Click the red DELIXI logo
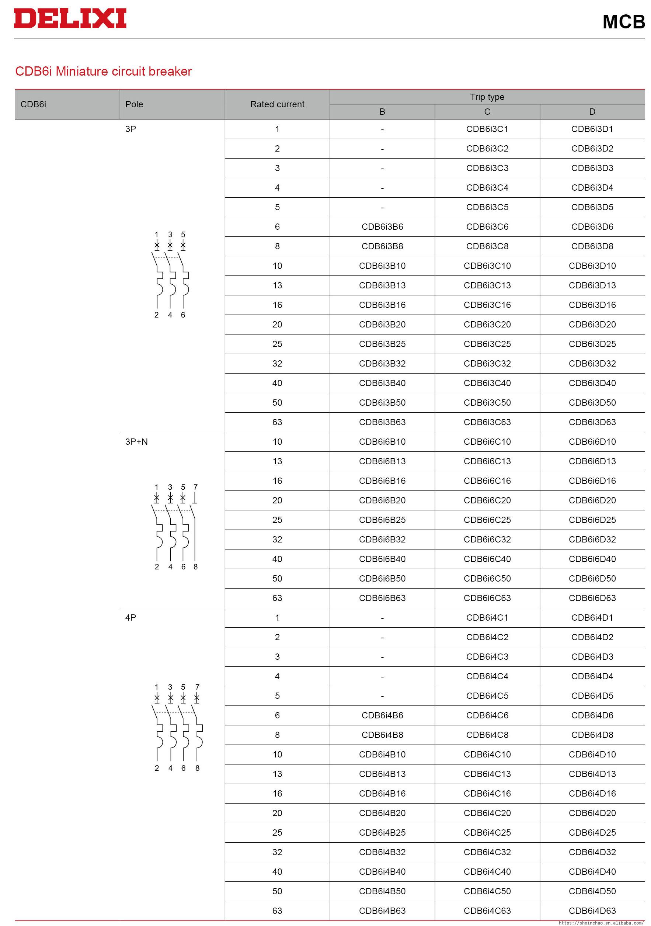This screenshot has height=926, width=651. coord(70,18)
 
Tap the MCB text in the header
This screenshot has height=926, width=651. coord(623,22)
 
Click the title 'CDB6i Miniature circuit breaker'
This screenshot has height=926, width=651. coord(103,72)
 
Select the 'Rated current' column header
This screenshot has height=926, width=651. coord(277,104)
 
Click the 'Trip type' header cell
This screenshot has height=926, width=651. coord(487,97)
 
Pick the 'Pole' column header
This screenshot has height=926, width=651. coord(134,104)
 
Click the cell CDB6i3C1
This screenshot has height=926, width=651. coord(487,129)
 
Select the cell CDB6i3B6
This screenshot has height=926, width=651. coord(382,227)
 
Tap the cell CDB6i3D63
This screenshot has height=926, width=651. coord(592,422)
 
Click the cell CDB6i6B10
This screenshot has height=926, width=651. coord(382,442)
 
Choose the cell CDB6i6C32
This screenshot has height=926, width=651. coord(487,540)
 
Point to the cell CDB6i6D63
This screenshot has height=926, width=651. coord(592,598)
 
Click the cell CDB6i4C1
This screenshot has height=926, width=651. coord(487,617)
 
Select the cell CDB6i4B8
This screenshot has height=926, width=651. coord(382,735)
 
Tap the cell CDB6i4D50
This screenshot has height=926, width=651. coord(592,891)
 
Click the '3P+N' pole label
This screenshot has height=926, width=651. coord(137,442)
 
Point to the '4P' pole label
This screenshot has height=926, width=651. coord(130,617)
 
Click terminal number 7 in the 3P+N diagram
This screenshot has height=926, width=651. coord(195,487)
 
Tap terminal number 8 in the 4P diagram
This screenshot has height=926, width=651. coord(197,768)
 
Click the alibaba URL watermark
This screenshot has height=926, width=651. coord(600,923)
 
